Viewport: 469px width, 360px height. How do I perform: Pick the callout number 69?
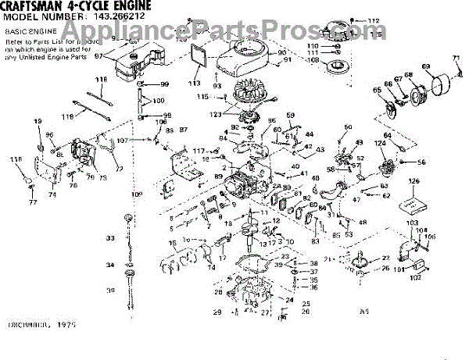[x=425, y=66]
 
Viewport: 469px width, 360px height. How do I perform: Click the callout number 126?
[x=412, y=182]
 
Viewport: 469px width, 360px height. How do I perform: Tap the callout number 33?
[x=110, y=237]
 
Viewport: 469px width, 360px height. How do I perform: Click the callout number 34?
[x=110, y=265]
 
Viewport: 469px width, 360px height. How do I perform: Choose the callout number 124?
[x=378, y=143]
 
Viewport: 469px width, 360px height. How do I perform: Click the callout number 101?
[x=397, y=269]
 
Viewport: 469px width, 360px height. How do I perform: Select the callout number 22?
[x=385, y=258]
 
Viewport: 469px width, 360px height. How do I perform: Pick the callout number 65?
[x=377, y=91]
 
